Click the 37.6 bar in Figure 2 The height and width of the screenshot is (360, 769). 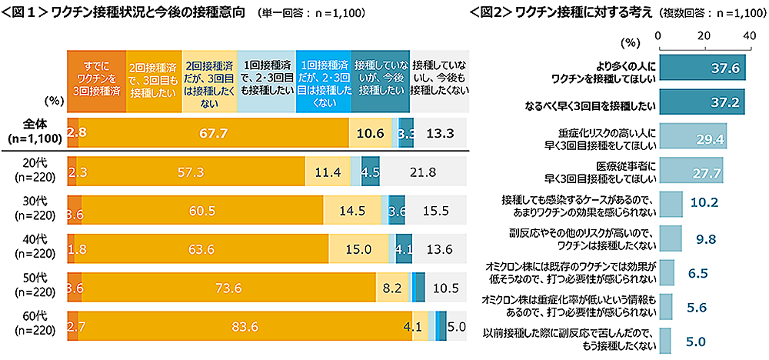point(701,68)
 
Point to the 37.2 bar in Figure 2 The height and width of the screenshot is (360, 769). point(701,102)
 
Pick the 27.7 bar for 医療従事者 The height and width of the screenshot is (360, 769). point(690,170)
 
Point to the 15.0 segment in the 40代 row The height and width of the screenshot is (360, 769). point(358,249)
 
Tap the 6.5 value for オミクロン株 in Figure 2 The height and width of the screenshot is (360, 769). point(697,272)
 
